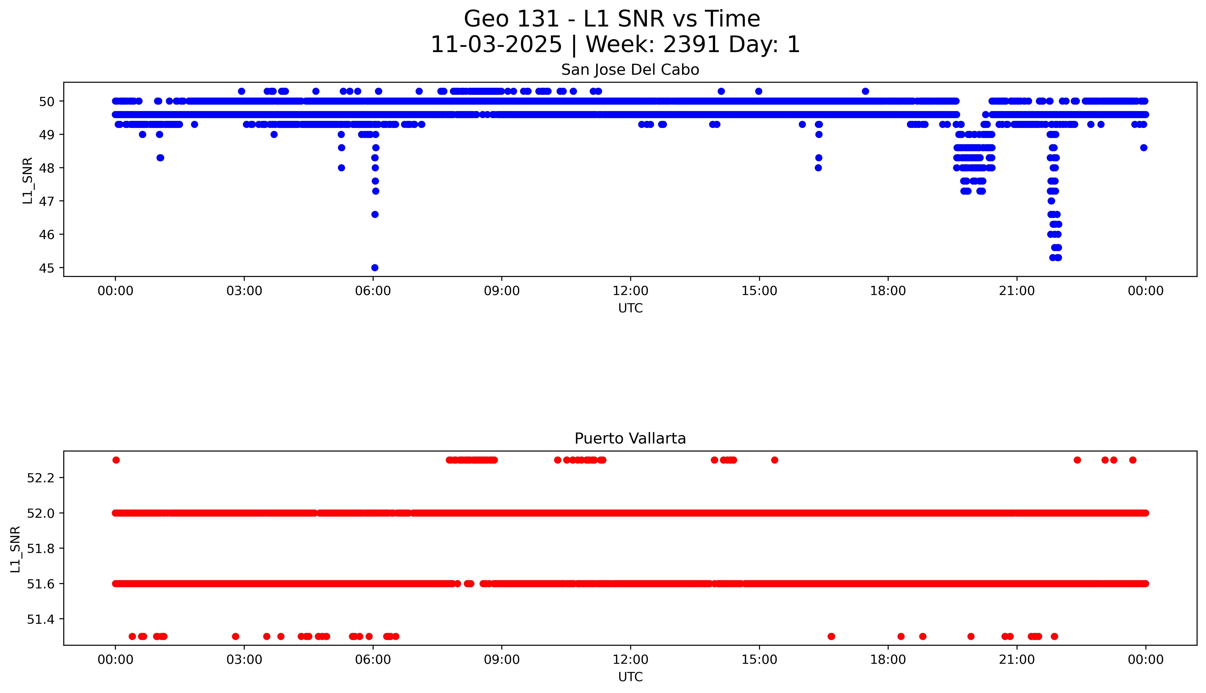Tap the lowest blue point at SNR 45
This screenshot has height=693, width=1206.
point(375,268)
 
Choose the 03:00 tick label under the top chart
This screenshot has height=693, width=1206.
point(244,291)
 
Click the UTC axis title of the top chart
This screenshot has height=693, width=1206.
point(630,308)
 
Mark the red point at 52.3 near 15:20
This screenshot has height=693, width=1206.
point(774,460)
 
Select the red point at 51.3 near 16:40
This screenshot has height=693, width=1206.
point(831,636)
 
